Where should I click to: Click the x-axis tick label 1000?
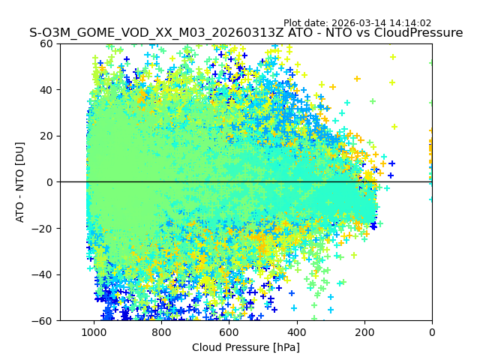[x=94, y=332]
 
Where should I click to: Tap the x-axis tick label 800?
[x=161, y=332]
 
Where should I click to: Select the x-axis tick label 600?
[x=229, y=332]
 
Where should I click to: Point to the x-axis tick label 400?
[x=296, y=332]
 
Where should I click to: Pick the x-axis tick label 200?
[x=364, y=332]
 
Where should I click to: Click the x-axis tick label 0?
[x=432, y=332]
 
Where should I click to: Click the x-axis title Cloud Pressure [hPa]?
[x=246, y=347]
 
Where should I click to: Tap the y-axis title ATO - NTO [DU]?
[x=21, y=182]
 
